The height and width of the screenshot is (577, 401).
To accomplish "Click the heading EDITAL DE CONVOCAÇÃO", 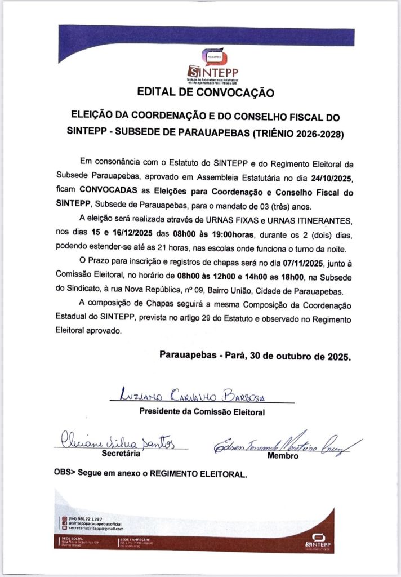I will click(x=206, y=92).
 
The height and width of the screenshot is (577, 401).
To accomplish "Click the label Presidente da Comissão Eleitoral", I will click(x=202, y=412).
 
